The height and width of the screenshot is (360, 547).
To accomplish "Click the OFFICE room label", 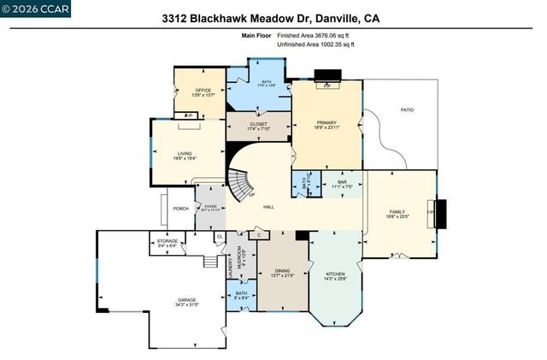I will tap(203, 90).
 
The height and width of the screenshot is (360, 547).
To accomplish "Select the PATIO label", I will tap(408, 109).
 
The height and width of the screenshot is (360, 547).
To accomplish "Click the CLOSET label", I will tap(257, 125).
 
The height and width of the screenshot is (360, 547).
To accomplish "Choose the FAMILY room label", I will tap(397, 214).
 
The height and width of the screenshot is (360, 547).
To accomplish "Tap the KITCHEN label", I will tap(335, 275).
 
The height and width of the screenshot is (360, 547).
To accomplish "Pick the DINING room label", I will tap(282, 270).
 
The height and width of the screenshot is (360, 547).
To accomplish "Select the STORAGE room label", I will tap(168, 243).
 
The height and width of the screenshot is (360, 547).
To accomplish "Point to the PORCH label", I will tap(180, 209).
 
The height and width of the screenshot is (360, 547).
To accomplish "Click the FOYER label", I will tap(209, 205).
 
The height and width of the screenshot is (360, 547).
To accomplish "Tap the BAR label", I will tap(342, 181).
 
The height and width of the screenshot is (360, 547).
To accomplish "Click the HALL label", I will tap(268, 208).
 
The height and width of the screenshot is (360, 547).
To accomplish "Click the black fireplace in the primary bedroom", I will tap(326, 75).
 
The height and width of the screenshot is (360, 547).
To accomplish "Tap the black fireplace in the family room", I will tap(440, 213).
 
